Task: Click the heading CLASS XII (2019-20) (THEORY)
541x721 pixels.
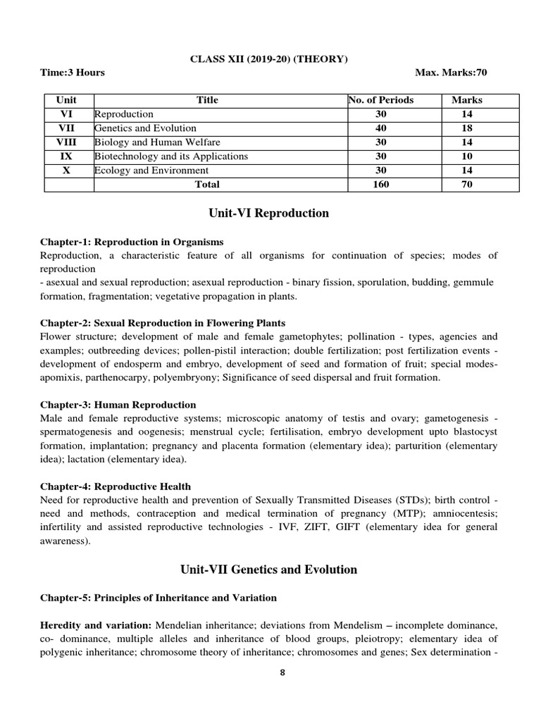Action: [x=269, y=59]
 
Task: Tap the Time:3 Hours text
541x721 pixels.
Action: [x=73, y=73]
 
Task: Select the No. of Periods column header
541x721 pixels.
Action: [x=381, y=100]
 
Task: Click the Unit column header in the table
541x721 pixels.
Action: [x=70, y=100]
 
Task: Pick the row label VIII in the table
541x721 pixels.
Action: [x=70, y=142]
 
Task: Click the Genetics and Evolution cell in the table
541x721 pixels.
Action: [x=145, y=128]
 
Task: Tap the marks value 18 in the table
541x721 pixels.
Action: [x=467, y=128]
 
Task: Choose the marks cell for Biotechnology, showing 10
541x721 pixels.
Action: [x=467, y=156]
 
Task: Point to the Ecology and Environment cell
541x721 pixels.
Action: [x=151, y=170]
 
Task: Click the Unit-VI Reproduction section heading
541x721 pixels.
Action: [x=269, y=213]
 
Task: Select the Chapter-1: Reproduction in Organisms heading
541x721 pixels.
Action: [x=132, y=242]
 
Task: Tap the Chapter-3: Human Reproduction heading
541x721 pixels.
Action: [x=118, y=405]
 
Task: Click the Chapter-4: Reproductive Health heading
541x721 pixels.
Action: [x=116, y=487]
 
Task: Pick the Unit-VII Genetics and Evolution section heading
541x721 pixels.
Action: [x=269, y=570]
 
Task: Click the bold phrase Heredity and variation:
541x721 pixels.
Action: [x=97, y=625]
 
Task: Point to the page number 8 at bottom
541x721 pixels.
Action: [x=282, y=672]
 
